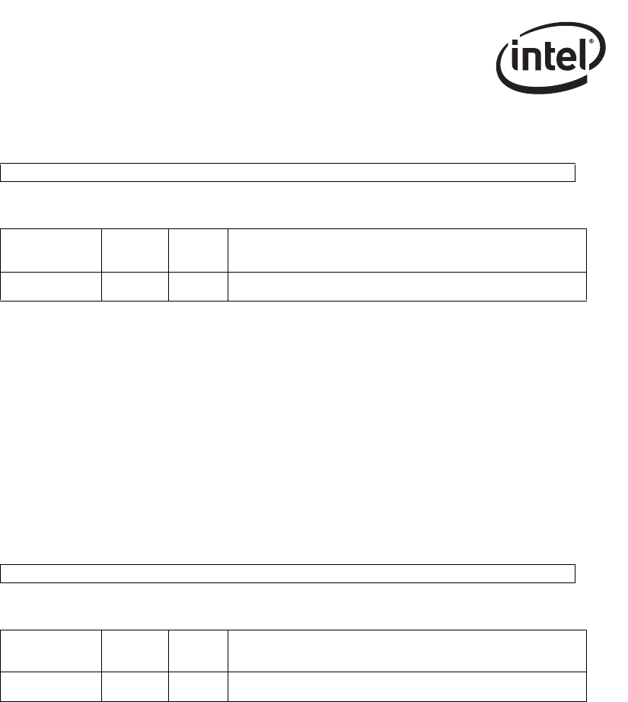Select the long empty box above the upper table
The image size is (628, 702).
tap(287, 172)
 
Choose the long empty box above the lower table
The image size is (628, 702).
tap(287, 573)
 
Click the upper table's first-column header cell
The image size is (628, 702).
tap(50, 250)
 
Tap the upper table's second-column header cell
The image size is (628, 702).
tap(134, 250)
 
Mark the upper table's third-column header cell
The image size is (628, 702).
tap(197, 250)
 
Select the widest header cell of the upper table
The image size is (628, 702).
tap(406, 250)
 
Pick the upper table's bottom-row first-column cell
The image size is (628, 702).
tap(50, 286)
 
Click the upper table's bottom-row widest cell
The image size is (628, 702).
tap(406, 286)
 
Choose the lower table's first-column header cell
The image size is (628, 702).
tap(50, 651)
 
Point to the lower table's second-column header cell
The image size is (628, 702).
tap(134, 651)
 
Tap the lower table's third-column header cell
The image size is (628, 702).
tap(197, 651)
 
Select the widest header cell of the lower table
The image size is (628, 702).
tap(406, 651)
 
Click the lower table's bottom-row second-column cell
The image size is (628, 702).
tap(134, 686)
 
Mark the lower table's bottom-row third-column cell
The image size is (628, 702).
tap(197, 686)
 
